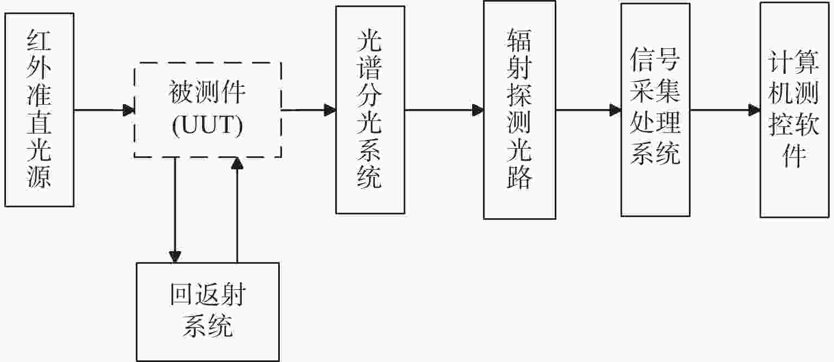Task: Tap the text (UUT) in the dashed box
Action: (x=207, y=125)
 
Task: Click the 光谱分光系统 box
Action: (x=370, y=110)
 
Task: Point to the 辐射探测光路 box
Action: (x=519, y=110)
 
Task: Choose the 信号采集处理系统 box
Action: (x=655, y=110)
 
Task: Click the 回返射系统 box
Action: (x=208, y=312)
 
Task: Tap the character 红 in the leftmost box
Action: (x=39, y=41)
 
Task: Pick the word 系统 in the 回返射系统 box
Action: (x=208, y=327)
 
